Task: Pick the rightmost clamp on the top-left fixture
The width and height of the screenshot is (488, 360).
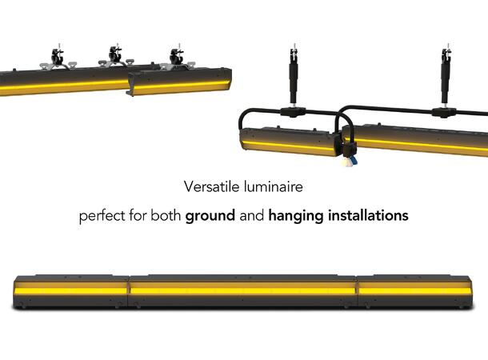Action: [174, 58]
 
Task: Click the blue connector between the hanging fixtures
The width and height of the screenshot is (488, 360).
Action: [352, 158]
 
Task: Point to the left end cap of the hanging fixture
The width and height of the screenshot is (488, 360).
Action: [244, 141]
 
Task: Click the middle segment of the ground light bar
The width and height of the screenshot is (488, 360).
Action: [242, 290]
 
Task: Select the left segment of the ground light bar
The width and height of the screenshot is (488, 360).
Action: [72, 290]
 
